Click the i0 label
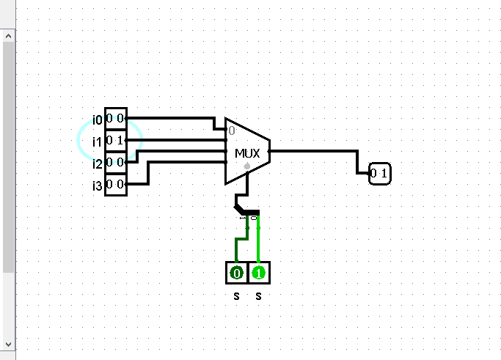[x=98, y=120]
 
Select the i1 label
[x=97, y=142]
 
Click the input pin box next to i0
[x=115, y=119]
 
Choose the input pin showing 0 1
[x=115, y=140]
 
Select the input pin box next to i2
[x=115, y=162]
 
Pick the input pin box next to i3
[x=115, y=184]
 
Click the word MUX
[x=247, y=153]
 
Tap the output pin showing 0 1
[x=380, y=174]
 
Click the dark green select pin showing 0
[x=236, y=273]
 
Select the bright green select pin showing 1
[x=258, y=273]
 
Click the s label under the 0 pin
[x=236, y=296]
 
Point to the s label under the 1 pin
[x=258, y=296]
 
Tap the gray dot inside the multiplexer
[x=247, y=167]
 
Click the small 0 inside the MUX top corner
[x=231, y=131]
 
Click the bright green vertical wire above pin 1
[x=258, y=242]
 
